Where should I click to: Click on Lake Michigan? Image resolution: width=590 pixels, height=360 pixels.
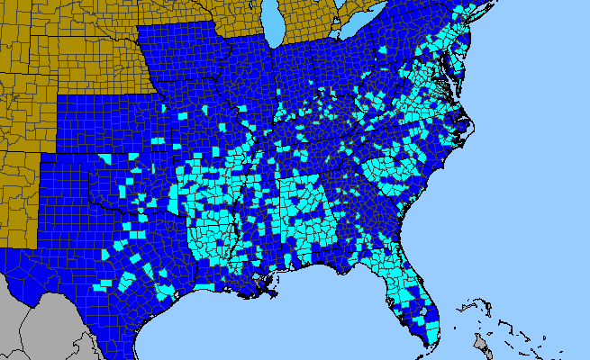pyautogui.click(x=276, y=22)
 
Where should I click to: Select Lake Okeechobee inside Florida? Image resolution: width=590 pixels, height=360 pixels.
pyautogui.click(x=420, y=307)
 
